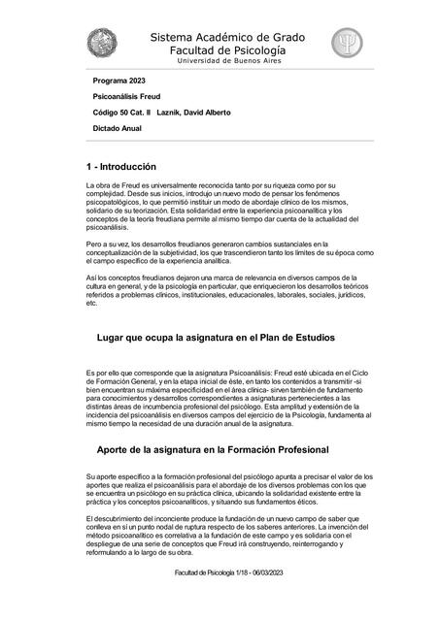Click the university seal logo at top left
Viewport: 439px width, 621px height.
click(102, 45)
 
